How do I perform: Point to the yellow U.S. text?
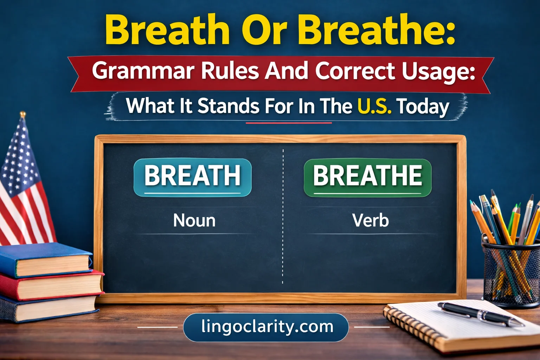(374, 106)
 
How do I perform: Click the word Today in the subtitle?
(423, 107)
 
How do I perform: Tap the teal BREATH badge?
(192, 177)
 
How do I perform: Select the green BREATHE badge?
(367, 177)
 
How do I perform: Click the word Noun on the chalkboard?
(194, 221)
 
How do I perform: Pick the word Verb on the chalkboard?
(371, 221)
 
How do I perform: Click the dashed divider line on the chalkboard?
(283, 246)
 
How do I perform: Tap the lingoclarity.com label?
(266, 327)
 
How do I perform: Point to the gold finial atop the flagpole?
(23, 115)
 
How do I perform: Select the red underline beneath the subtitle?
(288, 123)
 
